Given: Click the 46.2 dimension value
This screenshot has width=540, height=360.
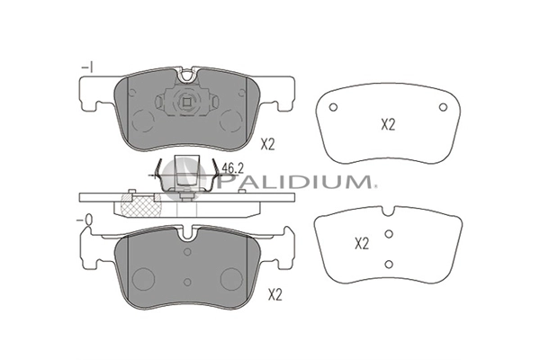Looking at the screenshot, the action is coord(232,168).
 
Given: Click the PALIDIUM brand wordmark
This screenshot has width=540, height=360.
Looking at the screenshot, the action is coord(294,181).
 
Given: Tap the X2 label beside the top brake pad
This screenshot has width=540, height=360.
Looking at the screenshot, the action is coord(267,145).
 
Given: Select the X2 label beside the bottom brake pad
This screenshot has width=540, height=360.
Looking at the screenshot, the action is coord(274,295).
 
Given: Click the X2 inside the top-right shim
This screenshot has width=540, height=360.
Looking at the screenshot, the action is coord(388,125).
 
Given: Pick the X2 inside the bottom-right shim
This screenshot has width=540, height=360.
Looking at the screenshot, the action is coord(362,244).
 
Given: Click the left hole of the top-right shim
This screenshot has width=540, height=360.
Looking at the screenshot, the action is coord(333,107).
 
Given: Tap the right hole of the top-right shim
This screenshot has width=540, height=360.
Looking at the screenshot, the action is coord(443,107).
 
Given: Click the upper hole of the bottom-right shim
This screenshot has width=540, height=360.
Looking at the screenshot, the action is coord(389,234).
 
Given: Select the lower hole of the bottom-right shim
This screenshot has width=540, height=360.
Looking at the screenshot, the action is coord(389,265).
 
